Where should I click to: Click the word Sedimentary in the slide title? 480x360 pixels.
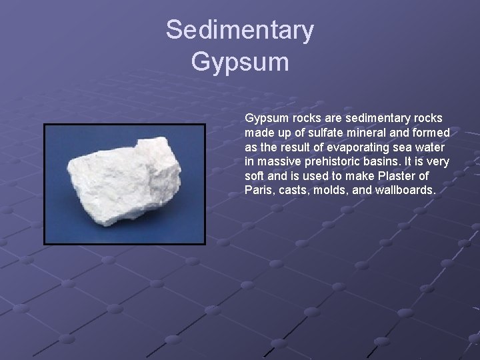240,30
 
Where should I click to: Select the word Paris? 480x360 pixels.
259,191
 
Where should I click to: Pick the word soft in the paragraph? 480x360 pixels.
255,176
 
